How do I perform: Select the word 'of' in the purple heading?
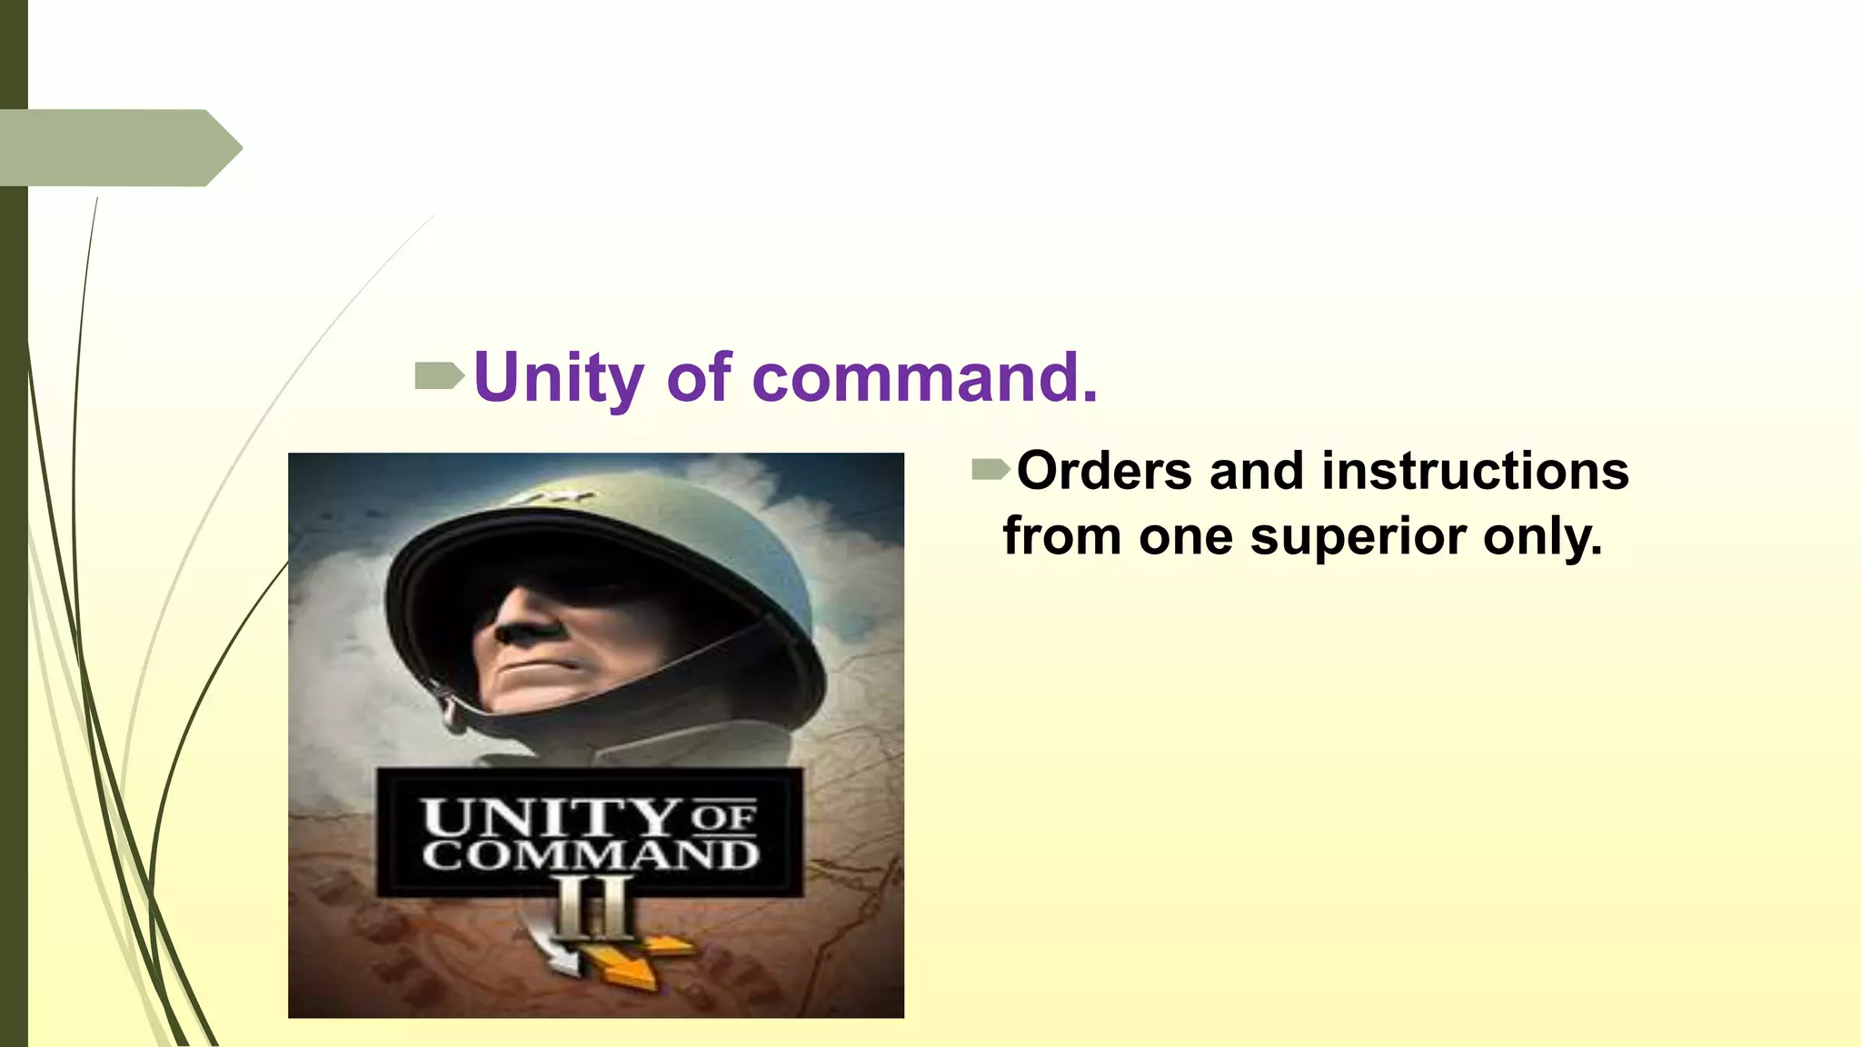pyautogui.click(x=698, y=377)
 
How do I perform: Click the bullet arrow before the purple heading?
pyautogui.click(x=439, y=375)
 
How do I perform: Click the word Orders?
pyautogui.click(x=1104, y=472)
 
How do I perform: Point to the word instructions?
pyautogui.click(x=1475, y=472)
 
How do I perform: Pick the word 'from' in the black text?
pyautogui.click(x=1061, y=537)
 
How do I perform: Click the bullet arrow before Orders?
pyautogui.click(x=990, y=470)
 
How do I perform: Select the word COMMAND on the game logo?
pyautogui.click(x=591, y=856)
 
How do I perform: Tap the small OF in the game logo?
pyautogui.click(x=723, y=817)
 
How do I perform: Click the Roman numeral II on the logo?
pyautogui.click(x=594, y=908)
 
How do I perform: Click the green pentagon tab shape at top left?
pyautogui.click(x=118, y=148)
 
